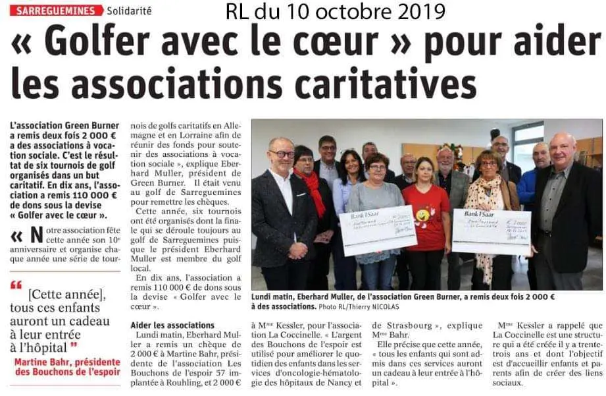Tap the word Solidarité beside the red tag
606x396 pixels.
pos(130,11)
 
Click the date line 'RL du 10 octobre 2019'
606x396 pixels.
pos(335,11)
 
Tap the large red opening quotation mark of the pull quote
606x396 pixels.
pos(16,285)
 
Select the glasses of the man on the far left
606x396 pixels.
pos(282,154)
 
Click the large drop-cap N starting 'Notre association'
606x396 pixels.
pos(39,235)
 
